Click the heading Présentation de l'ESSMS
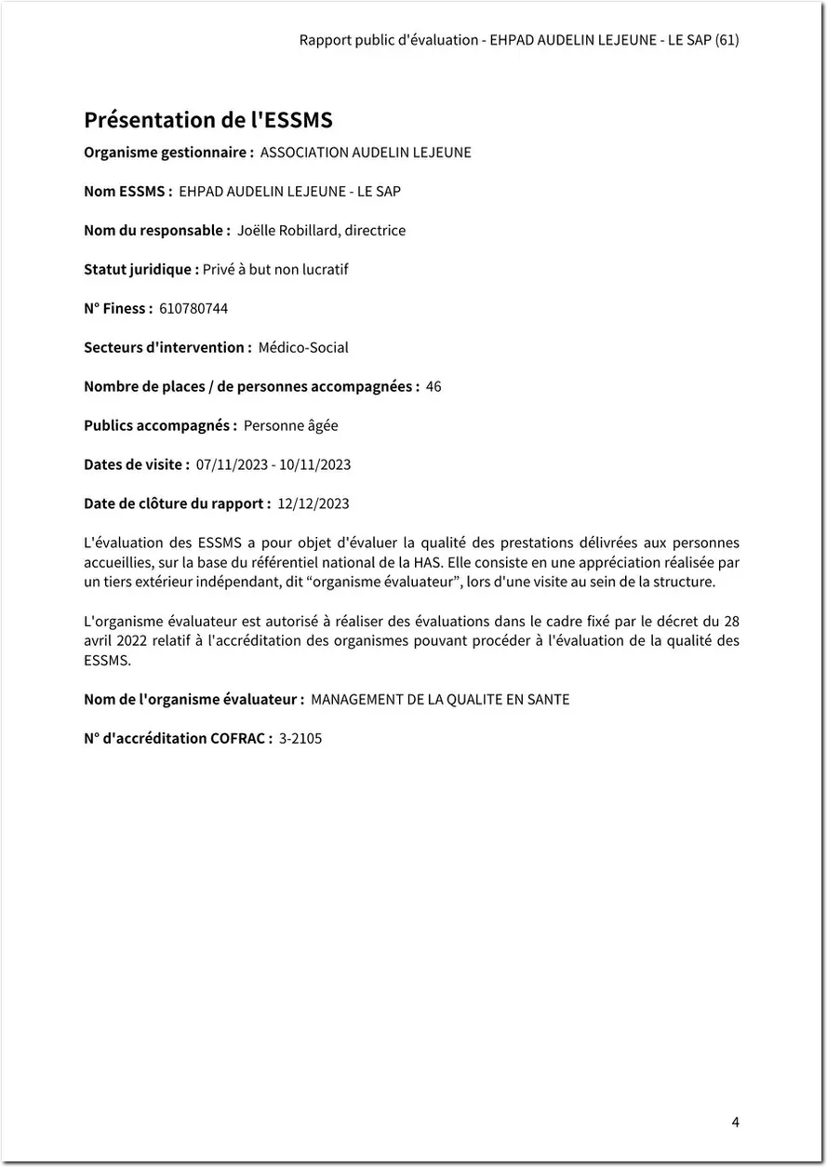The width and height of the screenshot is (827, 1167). (208, 120)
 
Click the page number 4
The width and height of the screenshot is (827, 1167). (735, 1122)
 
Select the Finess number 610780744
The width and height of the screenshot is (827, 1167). (193, 308)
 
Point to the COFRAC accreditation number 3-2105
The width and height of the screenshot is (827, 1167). (300, 738)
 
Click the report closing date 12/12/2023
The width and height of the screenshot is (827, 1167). (313, 503)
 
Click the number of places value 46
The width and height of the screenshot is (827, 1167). (434, 386)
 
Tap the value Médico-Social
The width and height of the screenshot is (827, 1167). (303, 347)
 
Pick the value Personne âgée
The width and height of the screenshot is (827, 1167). (291, 425)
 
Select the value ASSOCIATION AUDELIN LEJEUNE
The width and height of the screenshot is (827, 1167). (366, 152)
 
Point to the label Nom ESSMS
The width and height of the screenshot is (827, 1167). (127, 191)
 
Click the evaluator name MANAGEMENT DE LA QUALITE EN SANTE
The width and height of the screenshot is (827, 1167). (440, 699)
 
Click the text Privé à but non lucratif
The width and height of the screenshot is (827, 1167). (275, 269)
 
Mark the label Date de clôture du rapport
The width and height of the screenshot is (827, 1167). (177, 503)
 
